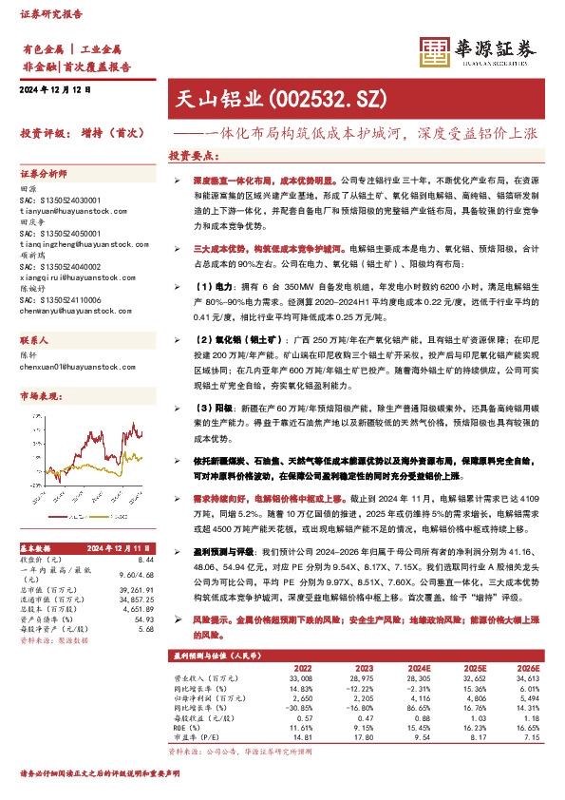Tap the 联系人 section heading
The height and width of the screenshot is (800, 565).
[x=34, y=340]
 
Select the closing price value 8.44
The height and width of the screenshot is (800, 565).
[x=145, y=561]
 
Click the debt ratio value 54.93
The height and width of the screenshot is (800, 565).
[x=144, y=619]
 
